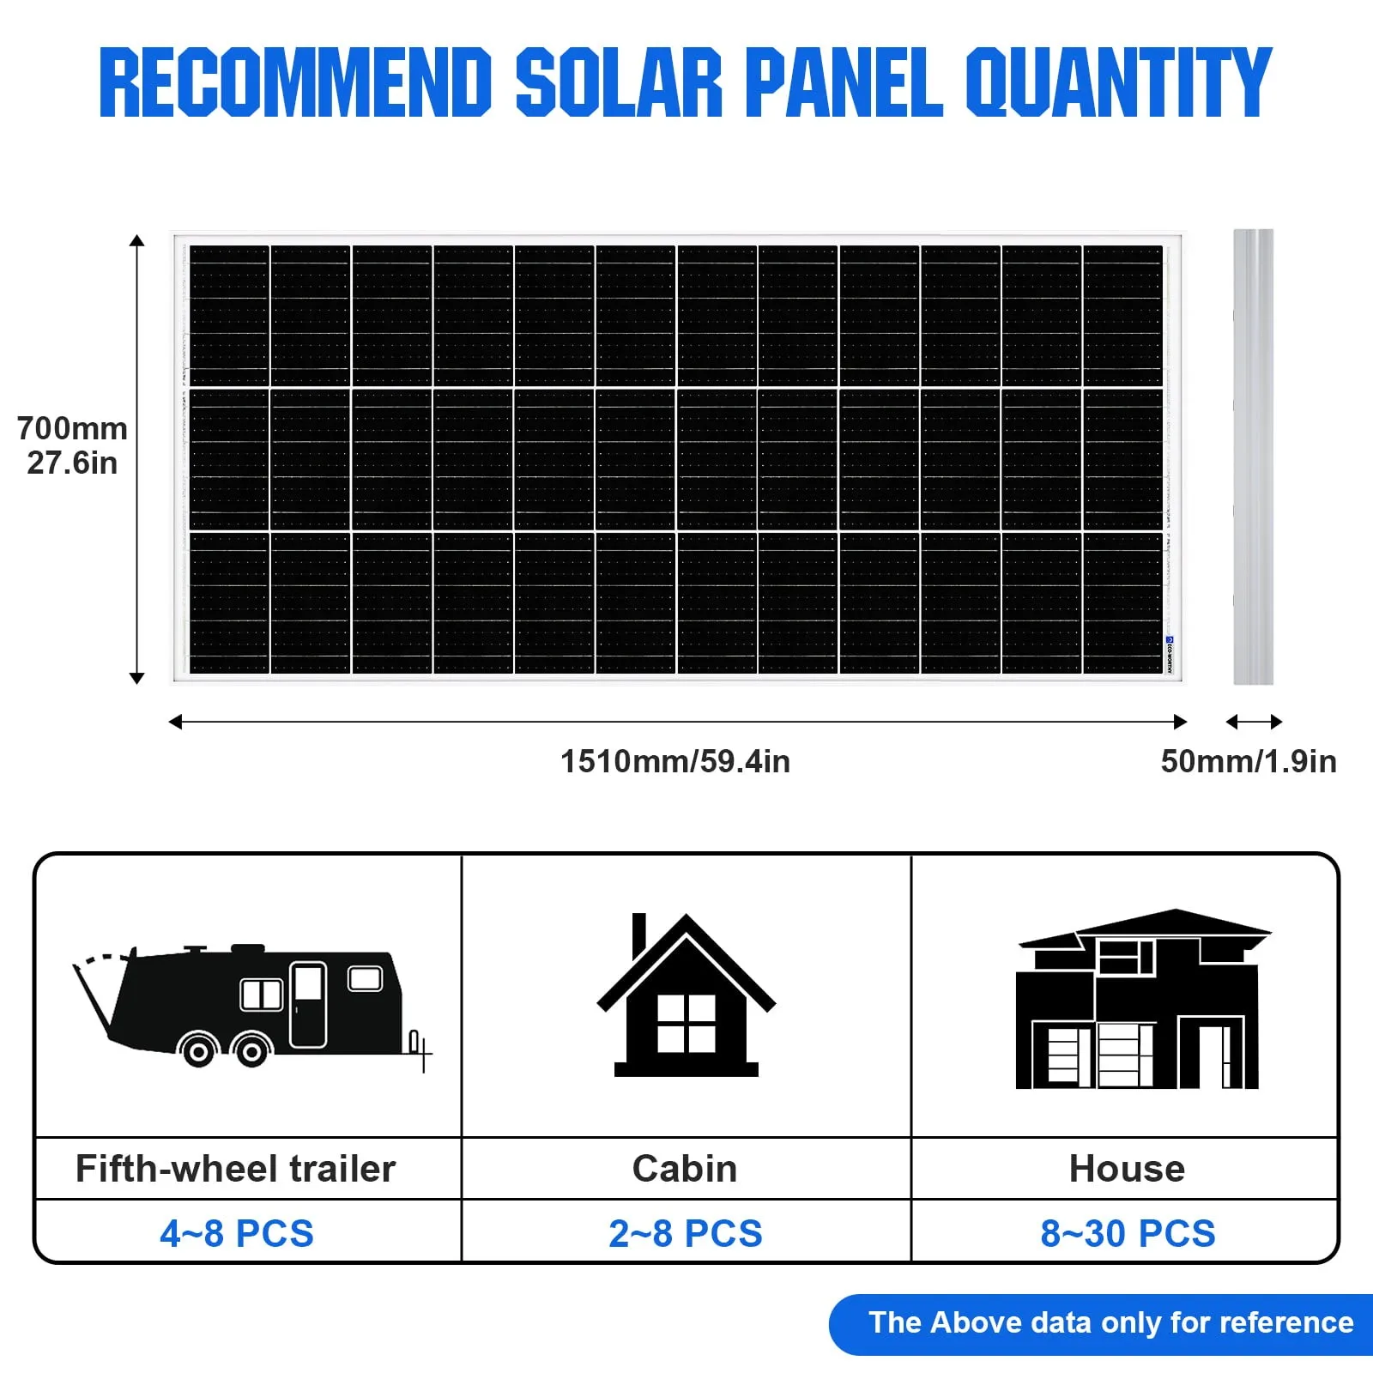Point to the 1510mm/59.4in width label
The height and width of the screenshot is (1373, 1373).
coord(675,761)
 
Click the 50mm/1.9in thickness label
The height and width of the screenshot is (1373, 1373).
coord(1249,761)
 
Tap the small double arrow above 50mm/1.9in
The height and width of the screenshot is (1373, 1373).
coord(1254,722)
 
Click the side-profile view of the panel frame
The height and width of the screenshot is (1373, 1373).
coord(1254,457)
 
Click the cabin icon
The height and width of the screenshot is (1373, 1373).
coord(686,995)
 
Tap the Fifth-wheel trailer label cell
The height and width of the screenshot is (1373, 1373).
coord(248,1168)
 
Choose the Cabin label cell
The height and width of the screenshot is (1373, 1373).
coord(686,1168)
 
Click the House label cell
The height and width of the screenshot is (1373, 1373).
coord(1125,1168)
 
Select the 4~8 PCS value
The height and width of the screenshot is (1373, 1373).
coord(237,1233)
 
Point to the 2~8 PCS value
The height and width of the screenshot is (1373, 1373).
coord(686,1233)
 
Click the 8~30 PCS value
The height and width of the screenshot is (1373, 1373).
coord(1128,1233)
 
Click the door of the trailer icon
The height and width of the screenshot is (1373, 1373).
coord(308,1005)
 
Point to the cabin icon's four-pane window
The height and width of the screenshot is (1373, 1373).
coord(686,1024)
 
